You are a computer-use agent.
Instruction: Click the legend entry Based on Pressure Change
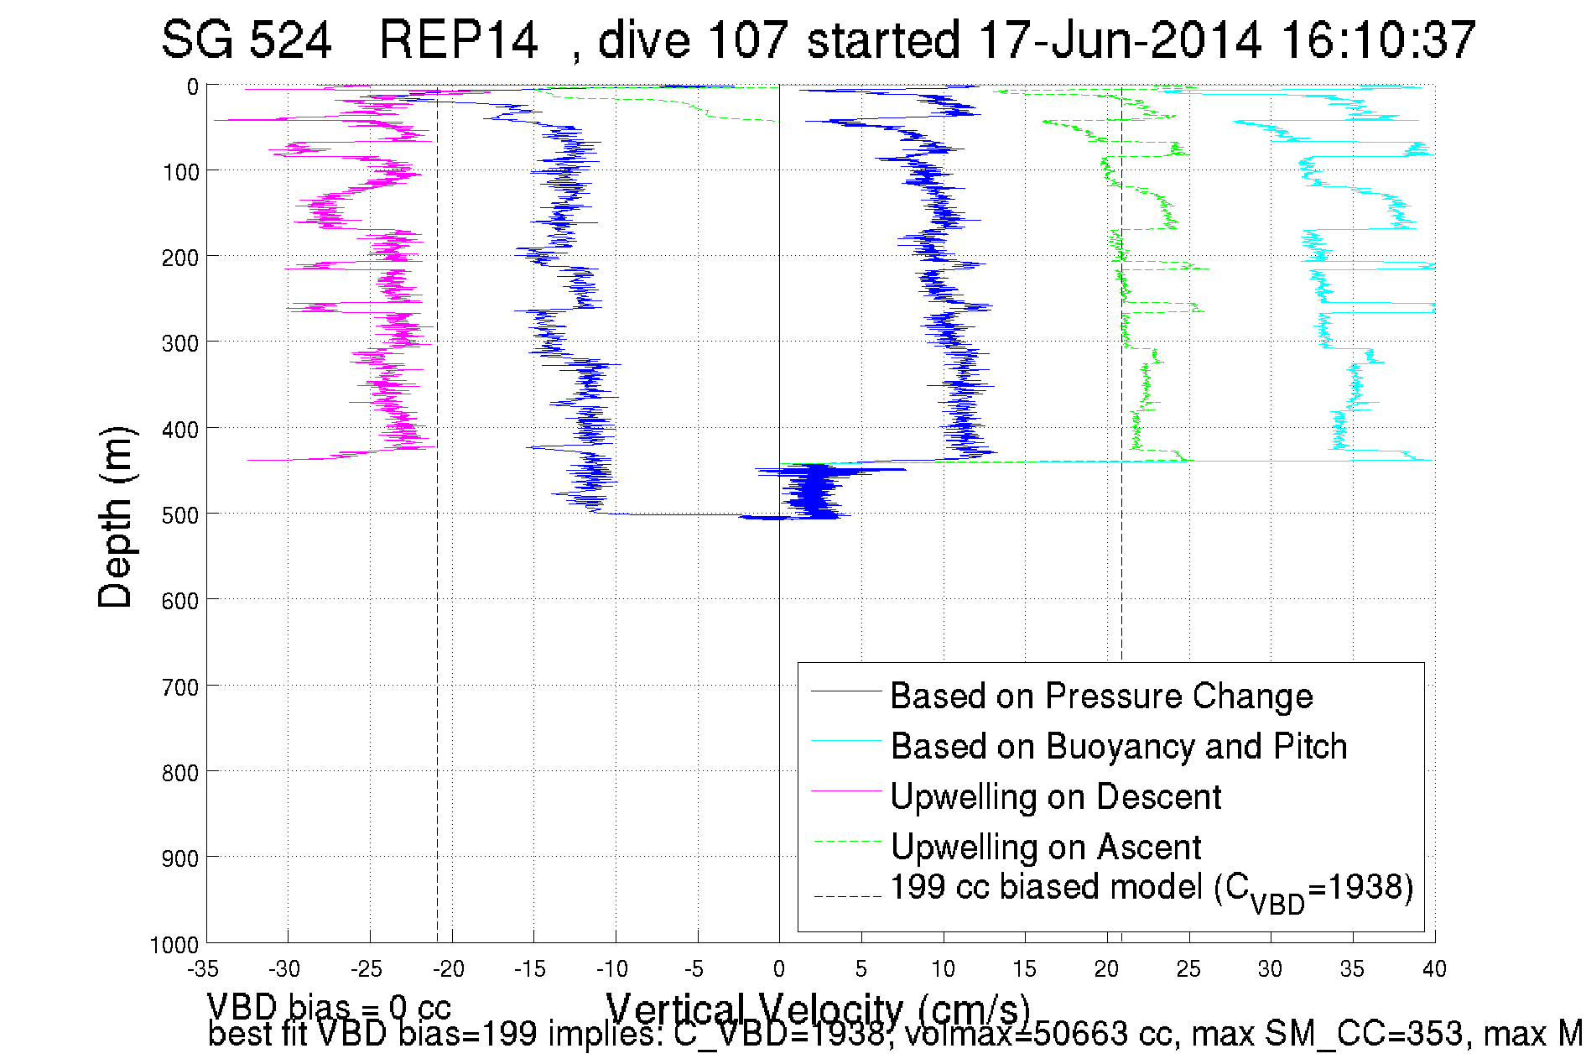[1100, 696]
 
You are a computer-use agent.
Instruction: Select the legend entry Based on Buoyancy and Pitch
[1118, 747]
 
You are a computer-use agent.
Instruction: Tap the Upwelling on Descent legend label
[1055, 797]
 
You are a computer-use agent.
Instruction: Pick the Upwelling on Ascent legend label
[1045, 848]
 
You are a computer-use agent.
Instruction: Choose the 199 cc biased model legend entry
[1151, 889]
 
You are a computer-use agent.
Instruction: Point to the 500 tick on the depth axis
[180, 515]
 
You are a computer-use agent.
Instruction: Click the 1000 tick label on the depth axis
[174, 946]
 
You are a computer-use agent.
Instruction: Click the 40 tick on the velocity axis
[1434, 970]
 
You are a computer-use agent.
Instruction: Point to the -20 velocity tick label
[449, 970]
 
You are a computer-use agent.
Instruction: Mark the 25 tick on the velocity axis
[1188, 970]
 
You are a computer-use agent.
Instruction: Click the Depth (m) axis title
[116, 517]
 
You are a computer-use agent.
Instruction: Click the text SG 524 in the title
[247, 39]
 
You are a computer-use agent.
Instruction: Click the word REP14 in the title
[458, 39]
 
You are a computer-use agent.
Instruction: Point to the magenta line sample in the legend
[846, 790]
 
